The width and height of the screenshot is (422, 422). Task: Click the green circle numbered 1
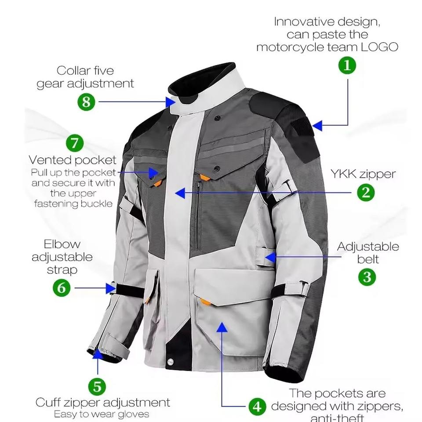[x=347, y=66]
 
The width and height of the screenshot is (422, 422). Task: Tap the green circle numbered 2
[x=366, y=193]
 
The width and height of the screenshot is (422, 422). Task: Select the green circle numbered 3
[x=367, y=277]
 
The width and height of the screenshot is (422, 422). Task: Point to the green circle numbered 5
[x=97, y=387]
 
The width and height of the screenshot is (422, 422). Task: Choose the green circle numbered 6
[x=62, y=288]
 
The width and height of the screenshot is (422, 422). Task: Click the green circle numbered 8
[x=86, y=102]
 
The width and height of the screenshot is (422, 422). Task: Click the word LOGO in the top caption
[x=379, y=47]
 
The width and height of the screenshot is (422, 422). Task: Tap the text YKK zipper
[x=363, y=175]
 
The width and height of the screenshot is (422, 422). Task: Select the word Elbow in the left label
[x=62, y=244]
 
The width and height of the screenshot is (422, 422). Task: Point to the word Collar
[x=73, y=70]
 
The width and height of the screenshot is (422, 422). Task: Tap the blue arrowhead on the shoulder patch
[x=317, y=126]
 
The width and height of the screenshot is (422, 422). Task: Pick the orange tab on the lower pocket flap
[x=204, y=302]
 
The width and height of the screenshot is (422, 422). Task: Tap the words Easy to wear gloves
[x=102, y=414]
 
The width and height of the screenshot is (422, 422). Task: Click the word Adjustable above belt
[x=368, y=247]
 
